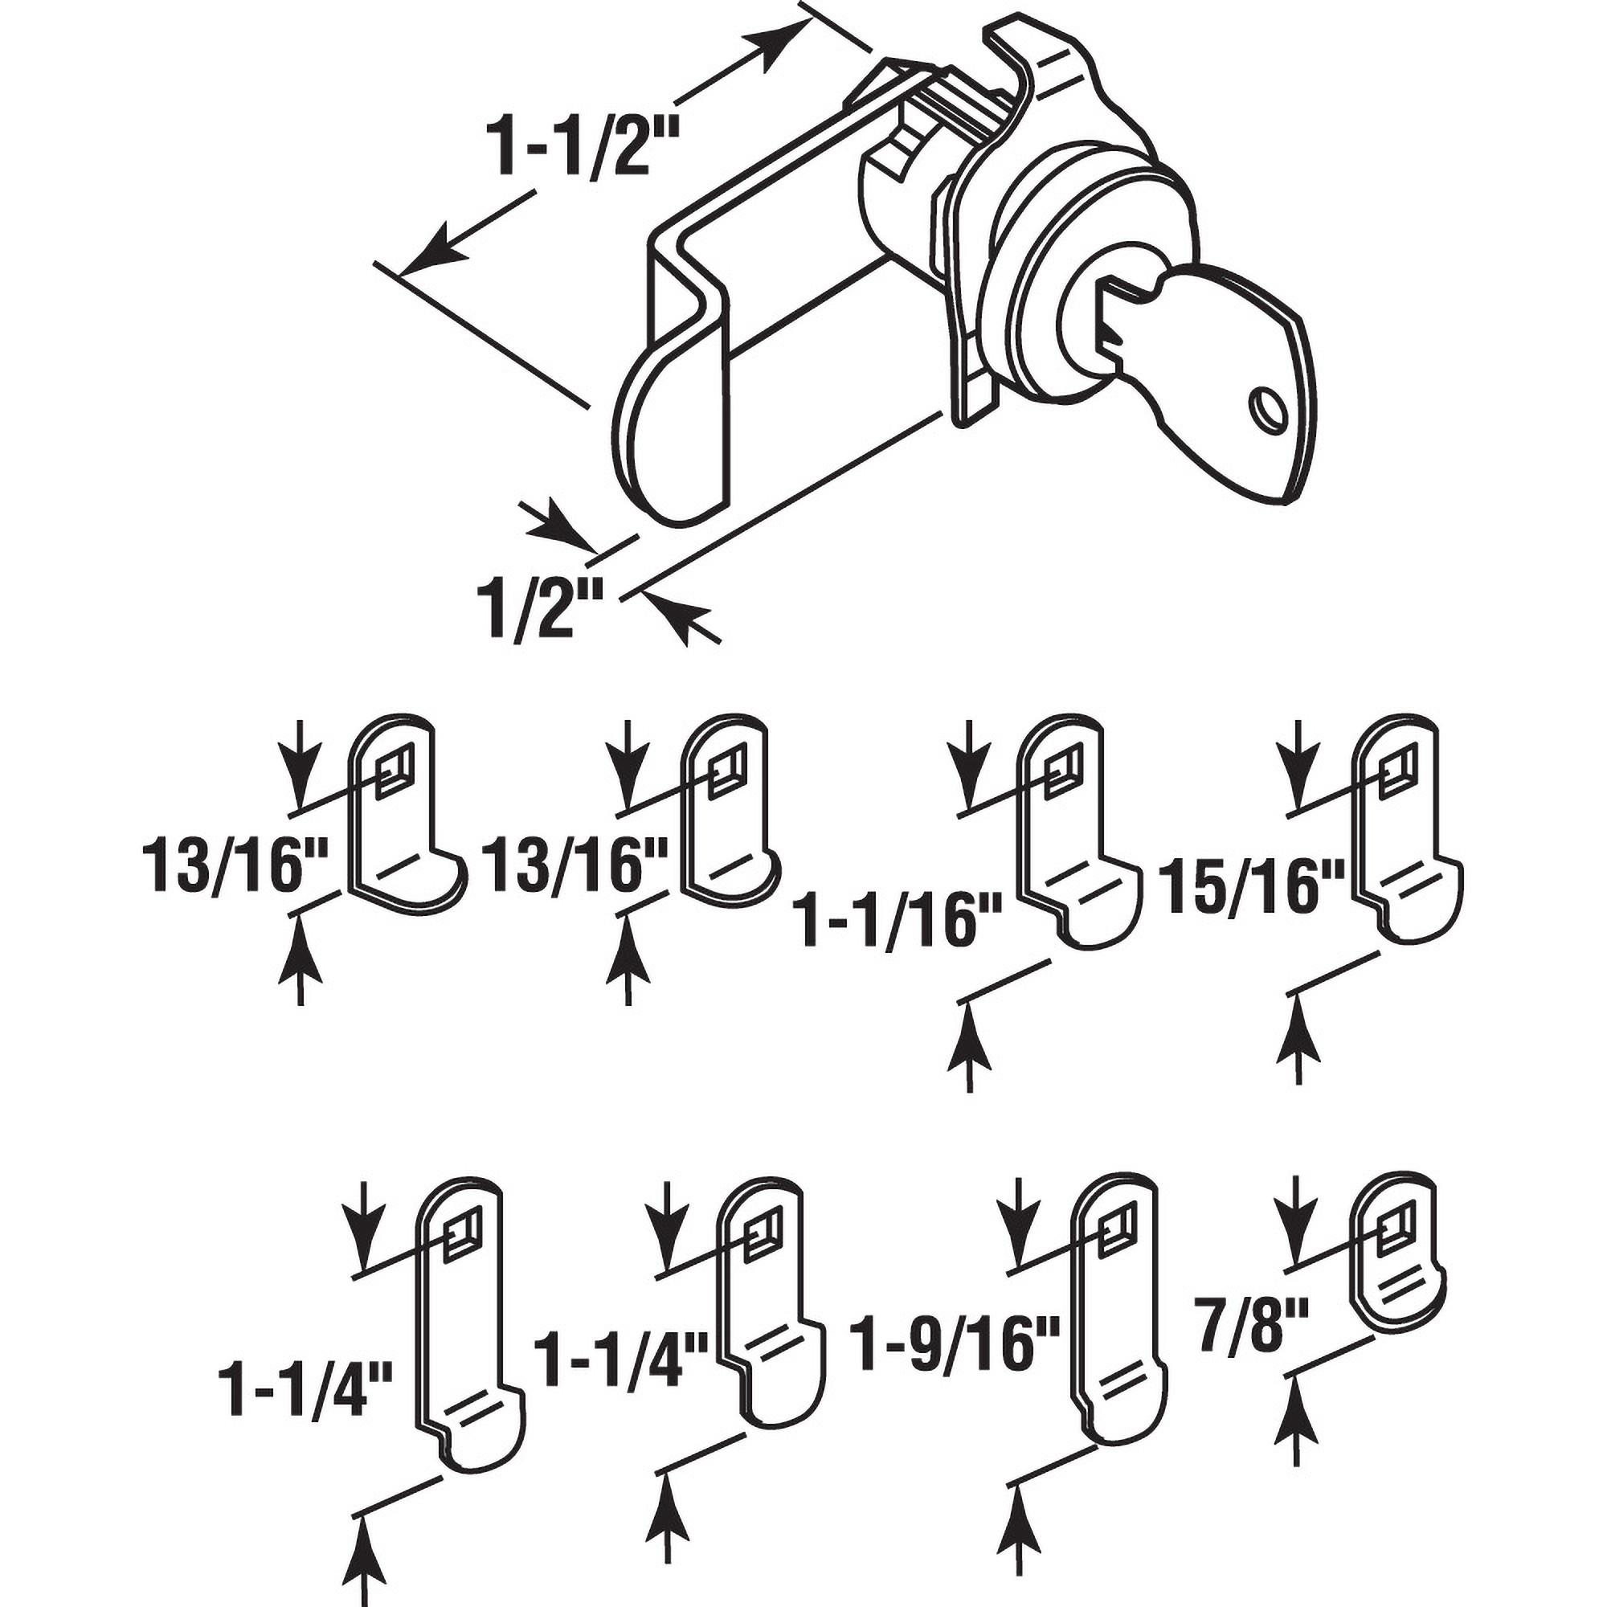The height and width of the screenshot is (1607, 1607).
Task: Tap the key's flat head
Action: point(1223,374)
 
